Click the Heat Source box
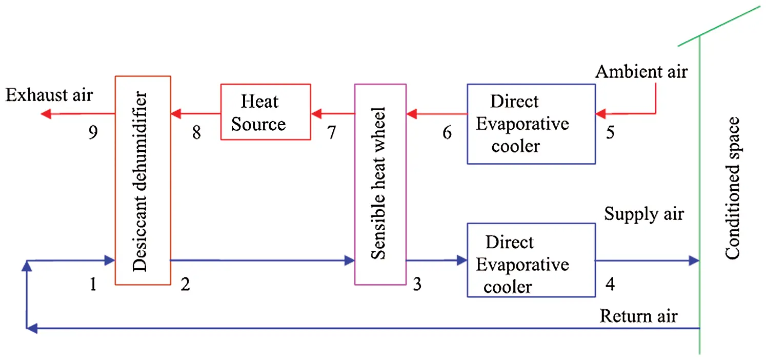click(x=265, y=112)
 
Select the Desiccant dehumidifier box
click(x=142, y=181)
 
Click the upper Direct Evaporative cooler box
click(x=531, y=124)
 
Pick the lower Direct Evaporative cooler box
click(x=531, y=259)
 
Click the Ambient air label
click(x=641, y=71)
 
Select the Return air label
click(x=638, y=315)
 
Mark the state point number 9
click(x=92, y=133)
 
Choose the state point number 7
click(x=331, y=133)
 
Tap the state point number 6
click(x=447, y=133)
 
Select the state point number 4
click(x=610, y=284)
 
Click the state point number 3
click(x=417, y=284)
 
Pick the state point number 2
click(x=185, y=284)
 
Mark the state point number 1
click(x=92, y=284)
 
